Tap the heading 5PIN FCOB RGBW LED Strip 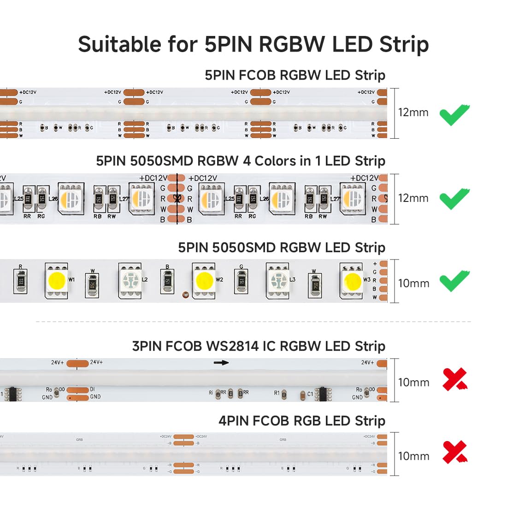295,75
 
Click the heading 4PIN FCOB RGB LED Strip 302,421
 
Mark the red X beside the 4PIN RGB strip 454,452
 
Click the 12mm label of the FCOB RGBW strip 413,112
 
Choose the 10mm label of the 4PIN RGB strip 413,456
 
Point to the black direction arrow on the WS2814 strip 221,363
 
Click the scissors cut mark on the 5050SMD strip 177,199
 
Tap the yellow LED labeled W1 57,280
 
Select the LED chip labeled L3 278,280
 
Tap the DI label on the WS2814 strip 93,389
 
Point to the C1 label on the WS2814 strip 310,394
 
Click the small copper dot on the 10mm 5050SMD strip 185,293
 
